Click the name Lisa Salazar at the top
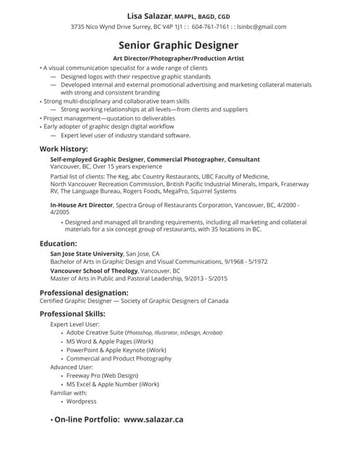(150, 14)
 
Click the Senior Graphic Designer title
(179, 44)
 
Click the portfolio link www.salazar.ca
(153, 419)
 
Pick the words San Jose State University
(87, 254)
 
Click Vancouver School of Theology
(93, 270)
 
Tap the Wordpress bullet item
(81, 401)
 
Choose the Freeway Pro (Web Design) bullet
(102, 376)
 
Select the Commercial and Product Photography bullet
(119, 358)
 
